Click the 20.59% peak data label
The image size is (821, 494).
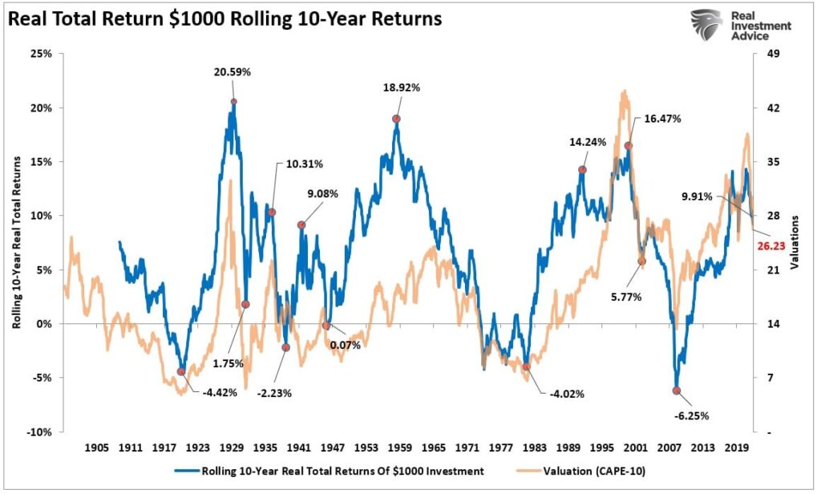pyautogui.click(x=233, y=71)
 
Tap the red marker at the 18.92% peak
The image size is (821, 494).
pyautogui.click(x=396, y=119)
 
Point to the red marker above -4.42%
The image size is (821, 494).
pyautogui.click(x=181, y=371)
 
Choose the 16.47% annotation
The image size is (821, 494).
pyautogui.click(x=662, y=119)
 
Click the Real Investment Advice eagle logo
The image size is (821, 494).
pyautogui.click(x=706, y=26)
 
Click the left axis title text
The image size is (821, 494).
pyautogui.click(x=17, y=243)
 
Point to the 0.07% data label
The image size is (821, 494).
pyautogui.click(x=345, y=346)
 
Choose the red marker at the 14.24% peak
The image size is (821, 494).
pyautogui.click(x=582, y=169)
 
